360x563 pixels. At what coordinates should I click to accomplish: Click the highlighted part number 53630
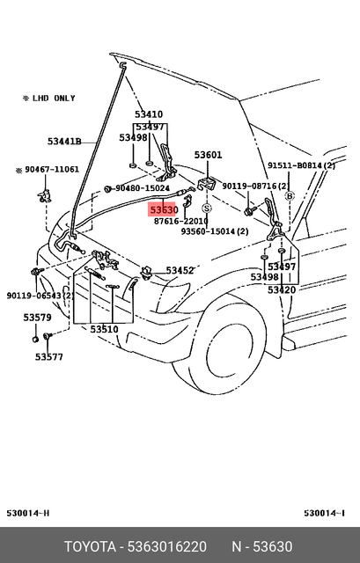(x=164, y=210)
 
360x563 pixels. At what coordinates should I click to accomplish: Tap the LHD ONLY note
(x=49, y=99)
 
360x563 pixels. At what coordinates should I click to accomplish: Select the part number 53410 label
(x=149, y=114)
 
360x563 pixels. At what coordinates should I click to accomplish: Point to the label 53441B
(x=64, y=141)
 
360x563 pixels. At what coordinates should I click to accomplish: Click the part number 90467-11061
(x=51, y=169)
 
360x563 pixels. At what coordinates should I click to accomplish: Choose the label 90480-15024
(x=142, y=188)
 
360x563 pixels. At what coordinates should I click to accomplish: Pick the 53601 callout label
(x=208, y=155)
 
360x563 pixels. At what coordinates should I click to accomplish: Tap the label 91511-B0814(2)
(x=302, y=165)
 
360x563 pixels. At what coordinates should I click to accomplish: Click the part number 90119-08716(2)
(x=254, y=186)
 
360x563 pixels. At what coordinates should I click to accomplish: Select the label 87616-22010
(x=180, y=222)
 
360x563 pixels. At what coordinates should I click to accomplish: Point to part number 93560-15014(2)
(x=215, y=231)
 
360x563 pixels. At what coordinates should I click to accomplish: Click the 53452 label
(x=180, y=270)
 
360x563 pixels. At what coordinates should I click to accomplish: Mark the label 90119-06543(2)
(x=40, y=295)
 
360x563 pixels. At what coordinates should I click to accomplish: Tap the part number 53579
(x=37, y=317)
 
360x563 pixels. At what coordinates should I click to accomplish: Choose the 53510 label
(x=104, y=329)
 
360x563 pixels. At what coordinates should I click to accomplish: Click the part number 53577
(x=49, y=356)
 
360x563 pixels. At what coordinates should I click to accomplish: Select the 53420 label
(x=282, y=289)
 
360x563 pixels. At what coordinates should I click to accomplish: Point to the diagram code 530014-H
(x=29, y=513)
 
